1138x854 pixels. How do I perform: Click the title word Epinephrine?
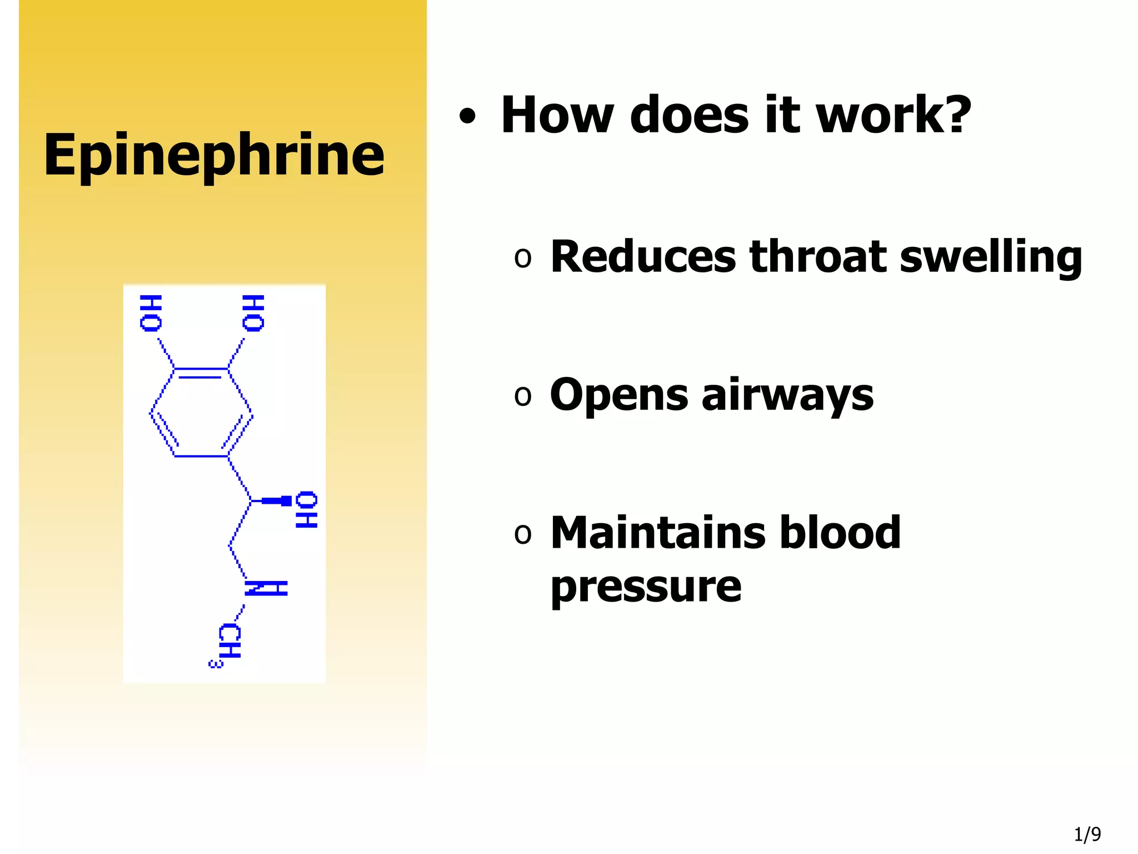[x=214, y=156]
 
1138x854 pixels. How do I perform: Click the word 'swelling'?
[x=991, y=257]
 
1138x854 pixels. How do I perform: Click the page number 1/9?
[x=1087, y=834]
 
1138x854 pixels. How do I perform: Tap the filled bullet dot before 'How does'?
[x=467, y=116]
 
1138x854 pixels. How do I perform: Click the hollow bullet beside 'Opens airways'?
[x=522, y=396]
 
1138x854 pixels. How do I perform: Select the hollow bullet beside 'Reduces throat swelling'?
[x=522, y=258]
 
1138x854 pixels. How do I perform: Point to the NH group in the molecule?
[x=266, y=588]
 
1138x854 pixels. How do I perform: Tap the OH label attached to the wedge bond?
[x=306, y=509]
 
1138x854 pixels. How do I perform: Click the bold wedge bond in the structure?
[x=276, y=501]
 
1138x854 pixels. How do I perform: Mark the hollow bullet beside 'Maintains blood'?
[x=522, y=534]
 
